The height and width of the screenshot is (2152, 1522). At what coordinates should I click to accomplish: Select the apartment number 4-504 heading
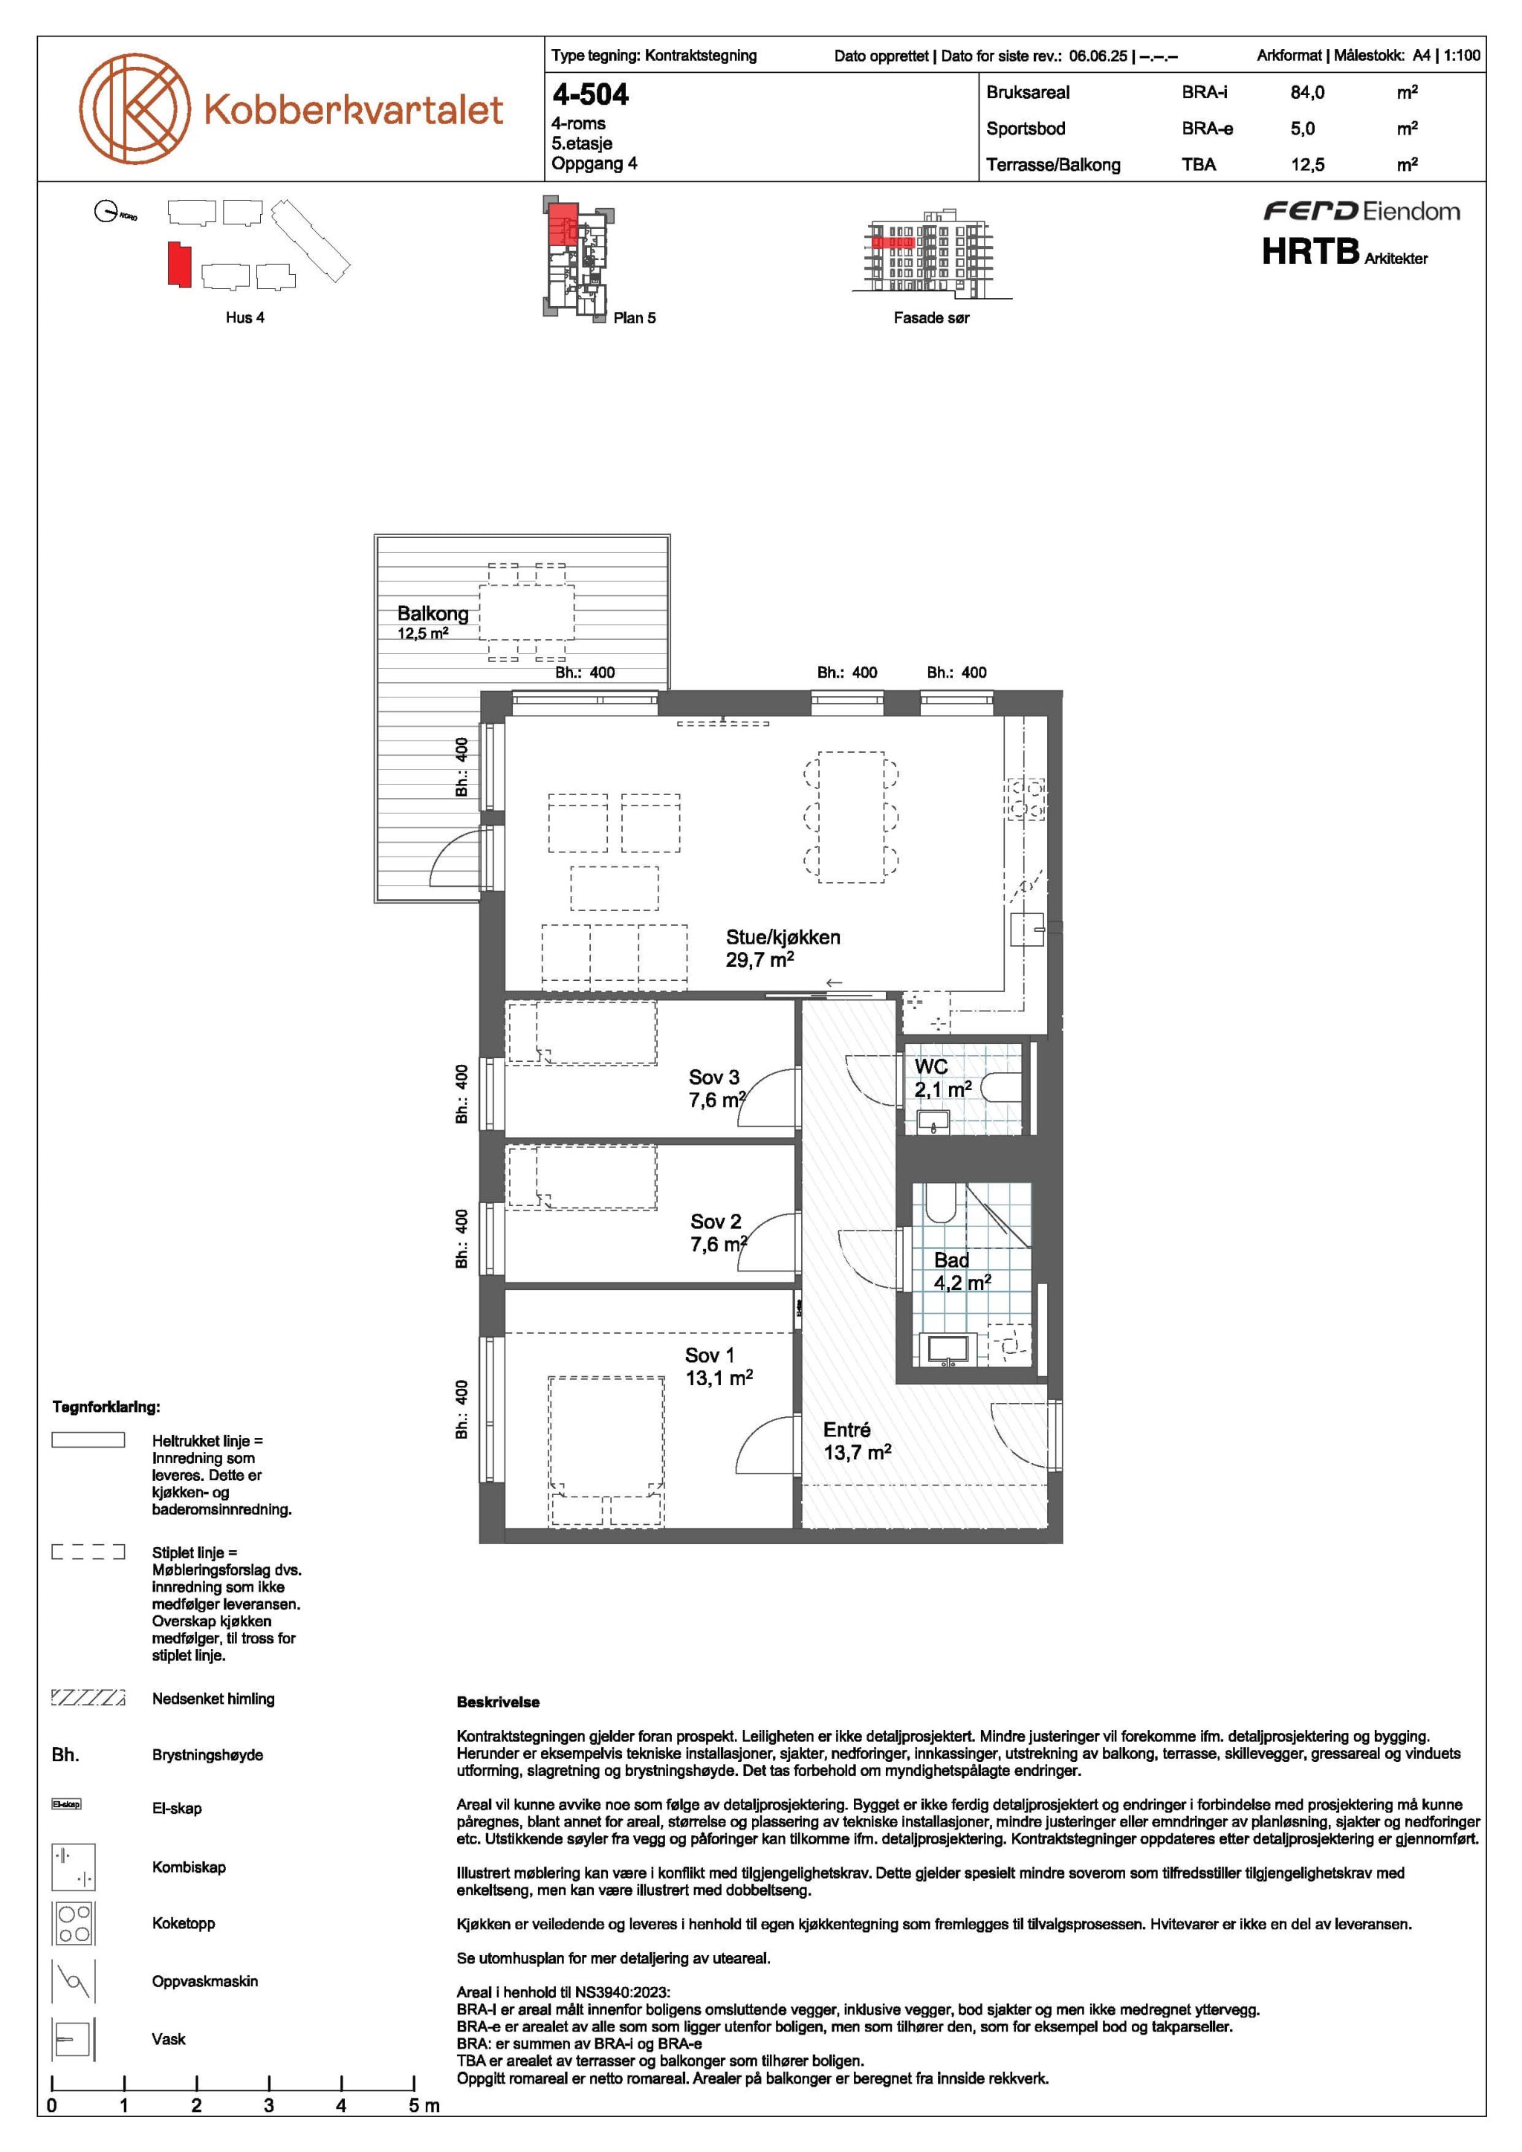[x=590, y=94]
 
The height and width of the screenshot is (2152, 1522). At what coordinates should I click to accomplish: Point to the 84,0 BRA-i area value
[x=1307, y=93]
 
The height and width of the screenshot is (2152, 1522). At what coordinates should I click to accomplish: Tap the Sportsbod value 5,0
[x=1303, y=129]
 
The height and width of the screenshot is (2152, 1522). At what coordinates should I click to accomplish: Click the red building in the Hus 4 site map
[x=179, y=265]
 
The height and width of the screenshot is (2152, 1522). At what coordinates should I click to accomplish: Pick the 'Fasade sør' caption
[x=932, y=318]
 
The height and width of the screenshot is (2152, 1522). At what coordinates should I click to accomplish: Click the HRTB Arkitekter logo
[x=1345, y=252]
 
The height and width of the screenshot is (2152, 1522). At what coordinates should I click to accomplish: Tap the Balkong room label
[x=433, y=613]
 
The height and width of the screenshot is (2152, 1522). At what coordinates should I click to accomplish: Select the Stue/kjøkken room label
[x=783, y=937]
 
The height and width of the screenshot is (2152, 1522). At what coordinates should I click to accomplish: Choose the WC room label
[x=932, y=1066]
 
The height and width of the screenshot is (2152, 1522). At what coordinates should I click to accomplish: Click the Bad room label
[x=951, y=1260]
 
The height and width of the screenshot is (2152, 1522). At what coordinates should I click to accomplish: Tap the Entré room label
[x=847, y=1430]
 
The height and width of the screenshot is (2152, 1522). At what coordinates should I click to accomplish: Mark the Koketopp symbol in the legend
[x=73, y=1923]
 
